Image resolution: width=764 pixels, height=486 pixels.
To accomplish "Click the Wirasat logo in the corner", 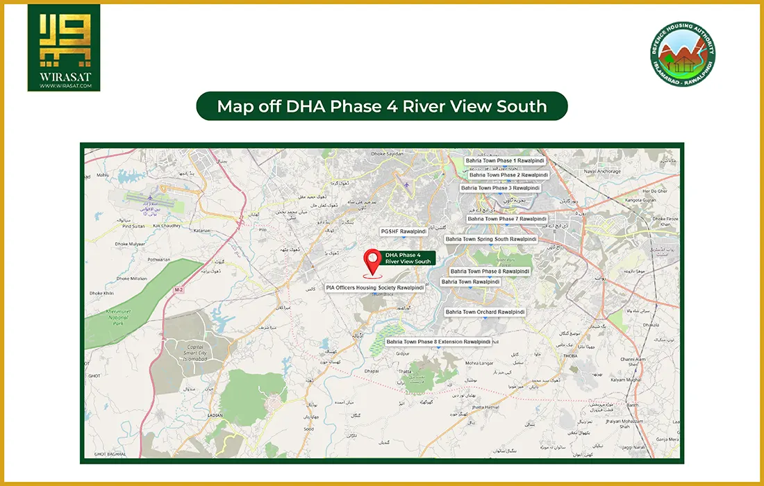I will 63,48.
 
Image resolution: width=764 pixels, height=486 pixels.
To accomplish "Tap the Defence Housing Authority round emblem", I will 683,54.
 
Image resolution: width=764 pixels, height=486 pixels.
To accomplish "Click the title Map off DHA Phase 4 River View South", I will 381,107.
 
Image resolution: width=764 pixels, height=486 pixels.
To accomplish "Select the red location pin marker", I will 373,262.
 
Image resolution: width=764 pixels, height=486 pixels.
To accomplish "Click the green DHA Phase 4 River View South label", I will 408,258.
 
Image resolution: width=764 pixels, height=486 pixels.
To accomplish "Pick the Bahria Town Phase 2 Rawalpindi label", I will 504,175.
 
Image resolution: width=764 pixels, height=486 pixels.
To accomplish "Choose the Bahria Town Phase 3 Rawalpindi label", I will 500,188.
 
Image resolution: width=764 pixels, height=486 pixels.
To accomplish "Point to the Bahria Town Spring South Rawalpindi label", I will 492,239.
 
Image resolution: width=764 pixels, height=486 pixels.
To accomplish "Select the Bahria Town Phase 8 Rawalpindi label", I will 490,271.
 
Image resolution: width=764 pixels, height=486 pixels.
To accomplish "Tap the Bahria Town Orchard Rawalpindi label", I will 485,312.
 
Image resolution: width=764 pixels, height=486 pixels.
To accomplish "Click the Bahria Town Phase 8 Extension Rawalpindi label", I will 438,342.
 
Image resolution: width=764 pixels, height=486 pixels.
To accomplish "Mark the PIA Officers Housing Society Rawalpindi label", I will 375,287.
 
